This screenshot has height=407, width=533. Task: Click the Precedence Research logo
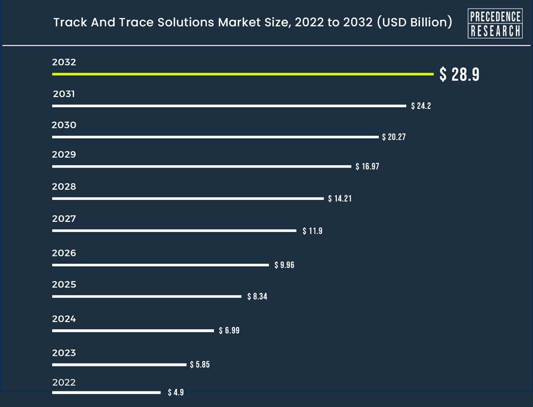click(495, 23)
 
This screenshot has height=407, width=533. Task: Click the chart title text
click(253, 23)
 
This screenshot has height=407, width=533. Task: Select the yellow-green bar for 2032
click(243, 74)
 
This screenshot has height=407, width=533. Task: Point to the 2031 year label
click(64, 94)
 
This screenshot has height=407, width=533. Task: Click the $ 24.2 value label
click(421, 106)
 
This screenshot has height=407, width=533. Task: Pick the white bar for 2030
click(215, 137)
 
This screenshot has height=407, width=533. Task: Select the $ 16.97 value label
click(368, 166)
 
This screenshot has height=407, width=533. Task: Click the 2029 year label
click(64, 155)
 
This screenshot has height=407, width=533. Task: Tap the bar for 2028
click(188, 198)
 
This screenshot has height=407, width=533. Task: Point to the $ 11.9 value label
click(312, 231)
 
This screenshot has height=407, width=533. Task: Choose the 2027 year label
click(64, 219)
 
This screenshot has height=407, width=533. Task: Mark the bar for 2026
click(160, 265)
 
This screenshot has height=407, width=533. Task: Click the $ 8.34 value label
click(257, 297)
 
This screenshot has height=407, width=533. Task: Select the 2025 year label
click(64, 285)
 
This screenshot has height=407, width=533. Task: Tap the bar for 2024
click(133, 331)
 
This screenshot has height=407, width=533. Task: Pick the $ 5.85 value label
click(200, 364)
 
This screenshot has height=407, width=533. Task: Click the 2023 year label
click(64, 353)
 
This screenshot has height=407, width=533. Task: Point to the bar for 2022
click(106, 393)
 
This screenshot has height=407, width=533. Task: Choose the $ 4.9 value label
click(176, 393)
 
